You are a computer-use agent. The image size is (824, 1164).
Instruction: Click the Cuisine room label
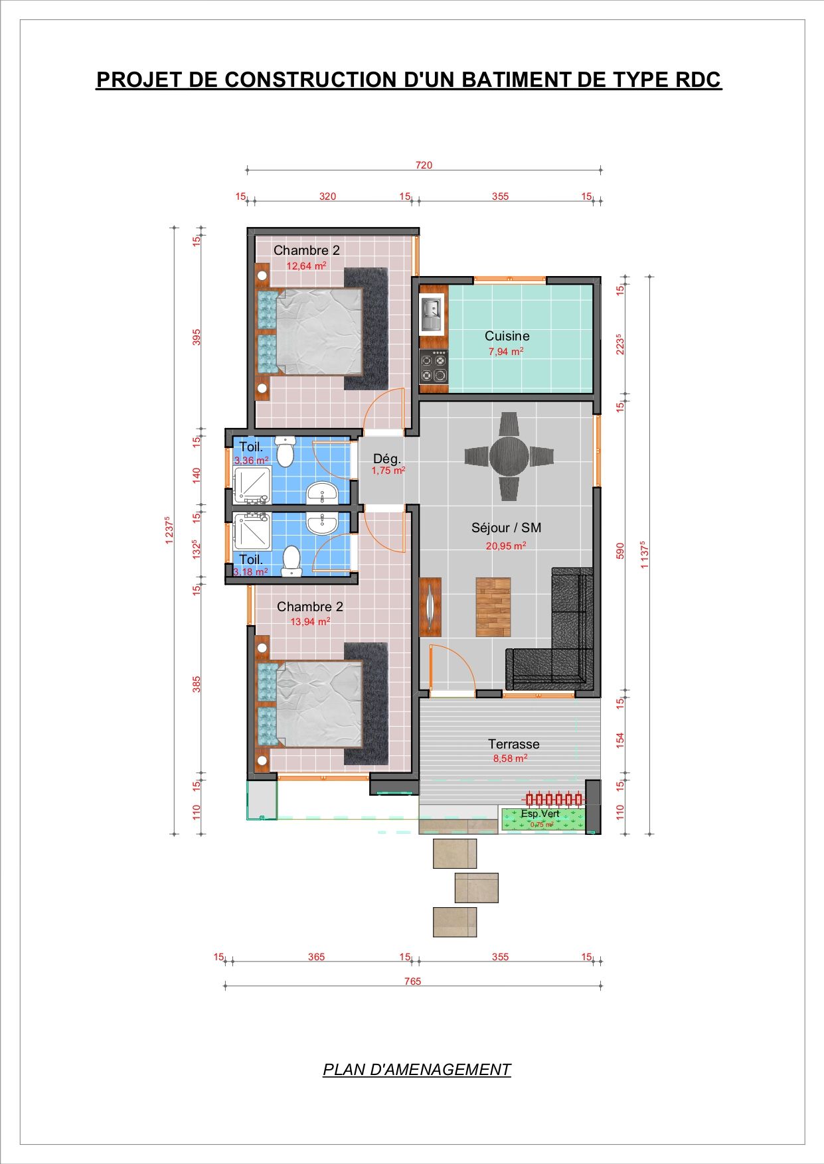tap(507, 336)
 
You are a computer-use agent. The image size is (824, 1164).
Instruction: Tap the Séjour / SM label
tap(506, 528)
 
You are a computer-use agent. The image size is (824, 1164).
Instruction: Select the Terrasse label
tap(513, 744)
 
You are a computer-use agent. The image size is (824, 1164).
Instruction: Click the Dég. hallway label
tap(386, 459)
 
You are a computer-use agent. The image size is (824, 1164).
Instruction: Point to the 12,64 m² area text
tap(306, 265)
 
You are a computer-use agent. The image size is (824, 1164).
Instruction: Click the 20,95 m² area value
tap(506, 546)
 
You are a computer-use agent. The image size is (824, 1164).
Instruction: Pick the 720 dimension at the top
tap(424, 165)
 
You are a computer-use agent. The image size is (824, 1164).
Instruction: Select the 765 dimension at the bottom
tap(412, 982)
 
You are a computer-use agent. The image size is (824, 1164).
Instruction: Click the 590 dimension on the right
tap(620, 551)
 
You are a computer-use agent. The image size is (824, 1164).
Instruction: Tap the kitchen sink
tap(431, 315)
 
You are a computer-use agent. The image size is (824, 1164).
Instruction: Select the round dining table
tap(509, 456)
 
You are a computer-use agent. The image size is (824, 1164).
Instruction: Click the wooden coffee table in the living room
tap(493, 607)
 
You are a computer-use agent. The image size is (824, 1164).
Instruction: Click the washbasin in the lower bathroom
tap(322, 522)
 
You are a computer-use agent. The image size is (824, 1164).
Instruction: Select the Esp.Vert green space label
tap(540, 814)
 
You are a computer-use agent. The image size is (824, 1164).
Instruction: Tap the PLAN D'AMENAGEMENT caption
tap(417, 1070)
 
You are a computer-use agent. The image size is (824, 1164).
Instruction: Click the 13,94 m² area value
tap(310, 622)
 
